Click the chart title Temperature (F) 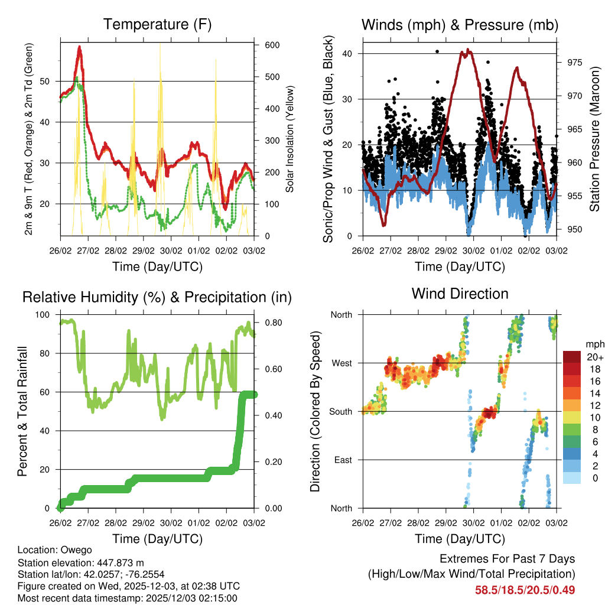click(157, 25)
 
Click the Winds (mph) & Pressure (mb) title click(460, 25)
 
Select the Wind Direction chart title click(460, 294)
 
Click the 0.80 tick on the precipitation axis click(269, 323)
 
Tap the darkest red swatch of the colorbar click(571, 357)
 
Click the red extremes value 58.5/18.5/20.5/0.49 click(525, 590)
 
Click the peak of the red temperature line click(79, 47)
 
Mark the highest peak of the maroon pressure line click(468, 50)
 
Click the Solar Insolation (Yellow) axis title click(290, 139)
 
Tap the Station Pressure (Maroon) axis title click(595, 139)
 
